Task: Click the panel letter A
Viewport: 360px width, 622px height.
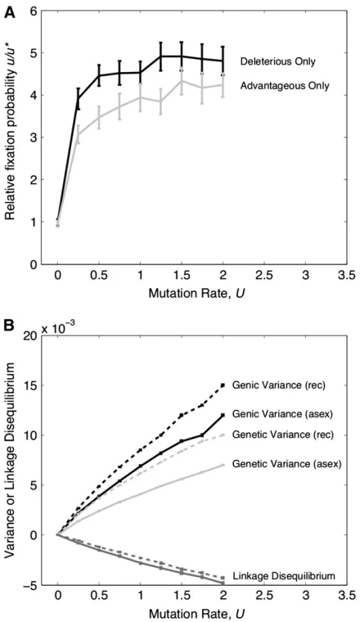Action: tap(10, 12)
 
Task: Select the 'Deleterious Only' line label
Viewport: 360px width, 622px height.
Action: tap(277, 61)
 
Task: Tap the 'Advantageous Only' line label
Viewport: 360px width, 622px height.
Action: tap(285, 85)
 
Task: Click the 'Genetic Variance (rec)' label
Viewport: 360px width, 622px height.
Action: tap(283, 435)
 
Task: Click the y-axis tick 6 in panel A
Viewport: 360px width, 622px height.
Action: tap(34, 11)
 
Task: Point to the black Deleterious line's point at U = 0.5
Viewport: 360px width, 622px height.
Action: tap(99, 75)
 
